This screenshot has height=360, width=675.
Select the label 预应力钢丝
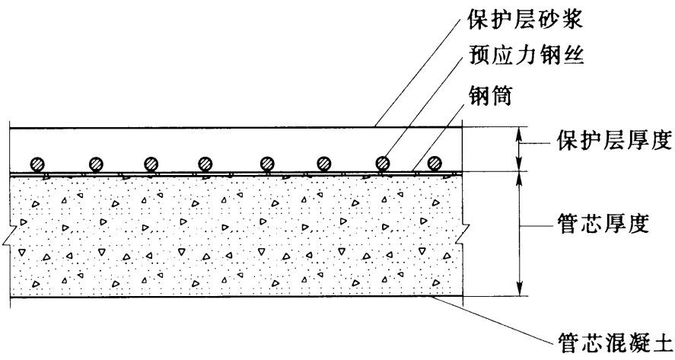[x=526, y=55]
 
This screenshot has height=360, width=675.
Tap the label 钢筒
[x=491, y=95]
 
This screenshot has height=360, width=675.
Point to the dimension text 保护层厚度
[x=614, y=140]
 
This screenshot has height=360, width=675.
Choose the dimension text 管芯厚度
[x=603, y=223]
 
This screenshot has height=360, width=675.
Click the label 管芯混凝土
[x=614, y=343]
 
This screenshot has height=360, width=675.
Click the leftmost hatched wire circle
[x=38, y=164]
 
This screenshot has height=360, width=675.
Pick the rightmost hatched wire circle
[x=435, y=164]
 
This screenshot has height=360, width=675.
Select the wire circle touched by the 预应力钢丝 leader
[x=382, y=164]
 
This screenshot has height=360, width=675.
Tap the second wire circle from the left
[x=96, y=164]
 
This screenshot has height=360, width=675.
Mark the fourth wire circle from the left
[x=205, y=164]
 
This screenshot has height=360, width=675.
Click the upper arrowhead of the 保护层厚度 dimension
[x=520, y=132]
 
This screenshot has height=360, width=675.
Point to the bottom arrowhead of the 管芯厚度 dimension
[x=520, y=290]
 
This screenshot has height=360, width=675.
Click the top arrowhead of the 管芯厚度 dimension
[x=520, y=178]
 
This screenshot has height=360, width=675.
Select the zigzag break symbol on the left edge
[x=10, y=235]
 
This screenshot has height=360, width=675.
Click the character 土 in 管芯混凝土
[x=661, y=343]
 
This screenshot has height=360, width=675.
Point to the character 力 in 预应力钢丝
[x=526, y=55]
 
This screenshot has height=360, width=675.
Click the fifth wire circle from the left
[x=267, y=164]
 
